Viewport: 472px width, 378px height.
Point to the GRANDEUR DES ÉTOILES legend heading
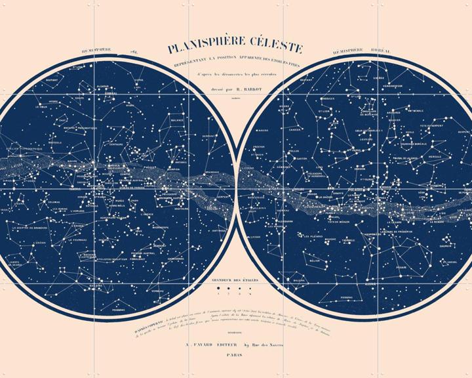[x=236, y=280]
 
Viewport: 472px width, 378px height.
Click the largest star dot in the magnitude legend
[x=212, y=289]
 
